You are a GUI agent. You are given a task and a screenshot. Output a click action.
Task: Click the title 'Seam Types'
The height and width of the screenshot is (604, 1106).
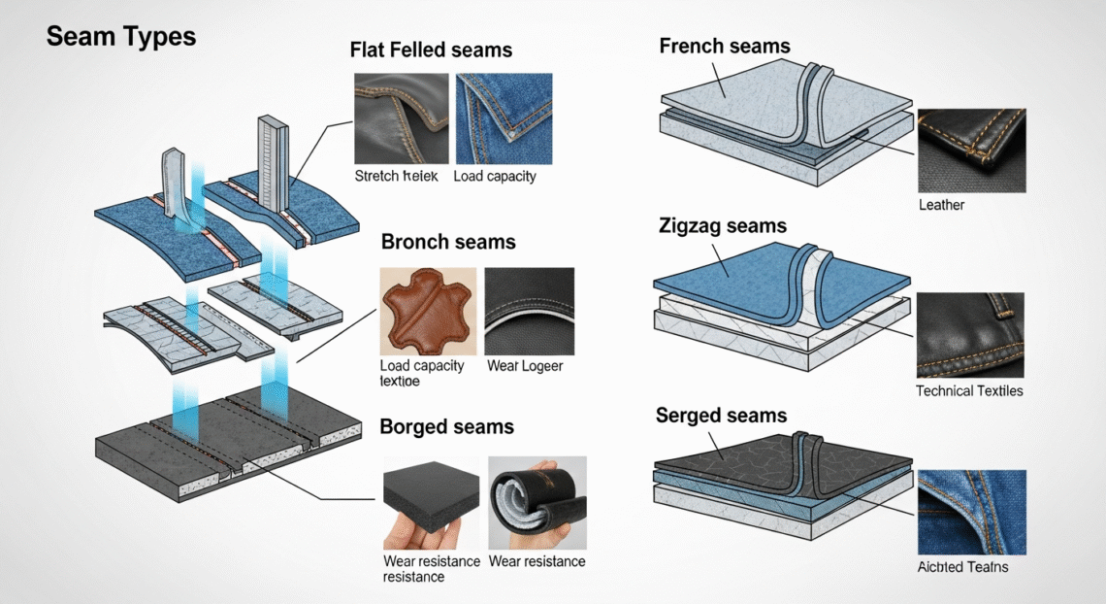point(121,38)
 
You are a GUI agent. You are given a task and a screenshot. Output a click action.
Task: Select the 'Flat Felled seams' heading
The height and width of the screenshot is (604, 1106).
point(431,50)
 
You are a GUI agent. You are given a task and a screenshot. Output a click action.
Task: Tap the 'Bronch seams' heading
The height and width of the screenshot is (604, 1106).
point(448,242)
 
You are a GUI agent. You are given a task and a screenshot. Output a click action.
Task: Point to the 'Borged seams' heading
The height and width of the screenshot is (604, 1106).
point(446,427)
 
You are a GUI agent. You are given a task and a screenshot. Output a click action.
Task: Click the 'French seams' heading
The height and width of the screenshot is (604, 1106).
point(725,46)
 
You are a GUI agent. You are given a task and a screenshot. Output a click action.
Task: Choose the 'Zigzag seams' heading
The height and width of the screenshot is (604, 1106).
point(723,227)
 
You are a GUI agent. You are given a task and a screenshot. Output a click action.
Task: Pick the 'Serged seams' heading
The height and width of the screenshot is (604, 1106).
point(722,416)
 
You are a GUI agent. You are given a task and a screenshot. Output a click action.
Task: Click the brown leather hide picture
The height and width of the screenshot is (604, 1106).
point(428,311)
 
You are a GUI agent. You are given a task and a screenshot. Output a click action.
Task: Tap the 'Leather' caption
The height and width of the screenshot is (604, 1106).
point(941,206)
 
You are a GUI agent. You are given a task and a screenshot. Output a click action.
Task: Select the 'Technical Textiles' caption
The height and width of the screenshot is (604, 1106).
point(969,391)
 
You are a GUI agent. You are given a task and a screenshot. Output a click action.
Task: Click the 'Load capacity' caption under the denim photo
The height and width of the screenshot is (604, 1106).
point(495,177)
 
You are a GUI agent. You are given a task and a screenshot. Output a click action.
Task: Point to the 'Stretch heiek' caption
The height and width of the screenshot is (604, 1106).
point(396,177)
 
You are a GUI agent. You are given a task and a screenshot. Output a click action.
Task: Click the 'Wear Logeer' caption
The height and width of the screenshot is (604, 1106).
point(526,366)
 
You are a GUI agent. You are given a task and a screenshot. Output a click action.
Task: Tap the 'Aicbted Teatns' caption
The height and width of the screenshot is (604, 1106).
point(962,567)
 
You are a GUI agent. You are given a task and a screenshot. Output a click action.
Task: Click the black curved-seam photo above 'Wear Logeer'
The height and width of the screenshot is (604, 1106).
point(529,311)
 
